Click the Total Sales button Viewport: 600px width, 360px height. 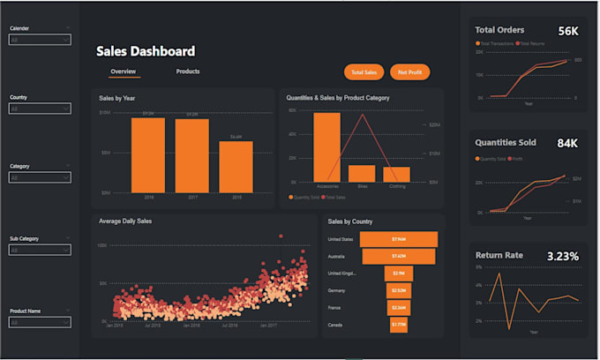click(x=364, y=71)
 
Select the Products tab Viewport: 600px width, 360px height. click(x=188, y=71)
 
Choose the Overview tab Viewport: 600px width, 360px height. click(x=123, y=71)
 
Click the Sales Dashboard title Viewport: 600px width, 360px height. click(x=146, y=51)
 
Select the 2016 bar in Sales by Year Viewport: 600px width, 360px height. click(x=148, y=154)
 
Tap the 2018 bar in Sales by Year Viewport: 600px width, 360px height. click(x=236, y=166)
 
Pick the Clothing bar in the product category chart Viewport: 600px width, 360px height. click(x=396, y=174)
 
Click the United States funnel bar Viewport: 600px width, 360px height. click(x=398, y=239)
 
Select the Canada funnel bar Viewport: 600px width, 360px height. click(x=398, y=325)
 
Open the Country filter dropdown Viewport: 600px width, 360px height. click(x=40, y=109)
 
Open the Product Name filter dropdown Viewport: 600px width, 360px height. click(x=40, y=323)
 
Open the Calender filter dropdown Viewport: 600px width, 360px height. click(x=40, y=39)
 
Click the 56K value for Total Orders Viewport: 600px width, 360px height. click(x=568, y=31)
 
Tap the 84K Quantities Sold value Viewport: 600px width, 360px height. click(x=566, y=143)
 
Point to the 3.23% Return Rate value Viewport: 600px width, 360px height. click(x=562, y=256)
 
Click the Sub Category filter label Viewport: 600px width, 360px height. click(x=24, y=238)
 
